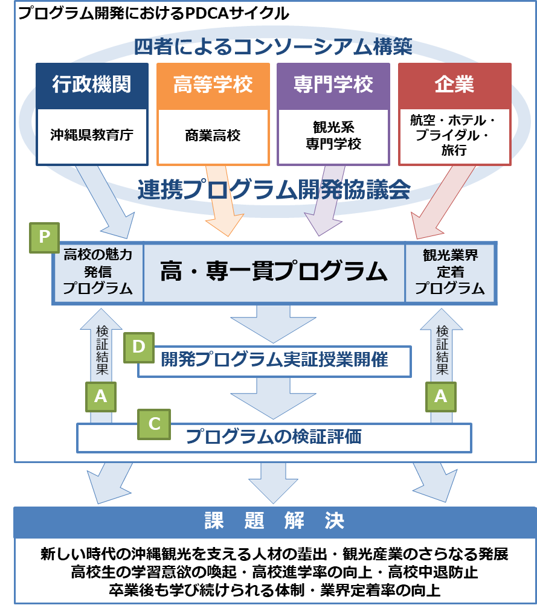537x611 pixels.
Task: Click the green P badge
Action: tap(44, 237)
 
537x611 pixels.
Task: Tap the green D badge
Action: tap(138, 347)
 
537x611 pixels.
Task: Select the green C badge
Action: tap(154, 424)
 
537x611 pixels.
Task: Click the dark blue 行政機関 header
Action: tap(92, 85)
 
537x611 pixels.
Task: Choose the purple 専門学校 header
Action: tap(333, 85)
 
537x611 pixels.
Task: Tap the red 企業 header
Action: tap(454, 85)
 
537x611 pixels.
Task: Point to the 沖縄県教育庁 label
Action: tap(92, 135)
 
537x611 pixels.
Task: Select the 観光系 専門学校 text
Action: tap(333, 136)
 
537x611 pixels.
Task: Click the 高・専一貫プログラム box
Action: tap(274, 272)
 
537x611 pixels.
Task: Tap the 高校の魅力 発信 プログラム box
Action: tap(98, 272)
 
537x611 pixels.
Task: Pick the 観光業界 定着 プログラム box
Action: tap(450, 272)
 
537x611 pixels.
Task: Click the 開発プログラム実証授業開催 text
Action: tap(274, 360)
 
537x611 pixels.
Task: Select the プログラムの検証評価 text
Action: tap(273, 437)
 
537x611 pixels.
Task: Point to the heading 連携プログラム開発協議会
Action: tap(274, 190)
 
